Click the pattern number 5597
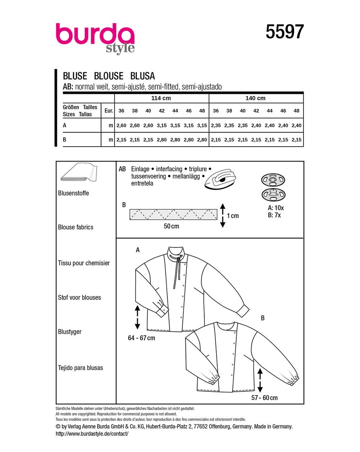coord(285,32)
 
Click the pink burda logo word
coord(95,34)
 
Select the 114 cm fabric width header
coord(161,98)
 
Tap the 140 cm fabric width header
coord(256,98)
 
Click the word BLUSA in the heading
coord(142,76)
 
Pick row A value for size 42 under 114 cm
coord(161,125)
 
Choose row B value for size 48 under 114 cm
coord(202,140)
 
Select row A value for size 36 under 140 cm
coord(216,125)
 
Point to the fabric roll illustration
coord(79,172)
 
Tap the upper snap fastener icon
coord(273,180)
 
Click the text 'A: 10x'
coord(276,208)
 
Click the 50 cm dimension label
coord(172,226)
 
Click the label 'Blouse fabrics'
coord(75,227)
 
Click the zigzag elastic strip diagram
coord(173,214)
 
